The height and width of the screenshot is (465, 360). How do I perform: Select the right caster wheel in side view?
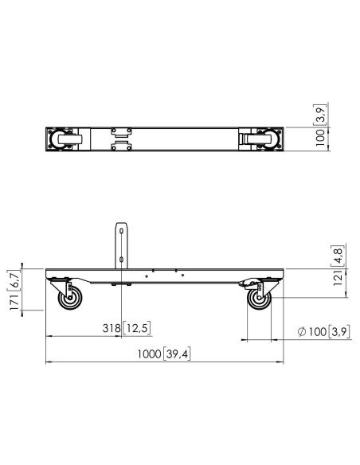(258, 299)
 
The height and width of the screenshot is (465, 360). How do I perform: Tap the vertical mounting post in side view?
(123, 243)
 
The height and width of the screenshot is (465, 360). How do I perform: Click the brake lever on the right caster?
(248, 285)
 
